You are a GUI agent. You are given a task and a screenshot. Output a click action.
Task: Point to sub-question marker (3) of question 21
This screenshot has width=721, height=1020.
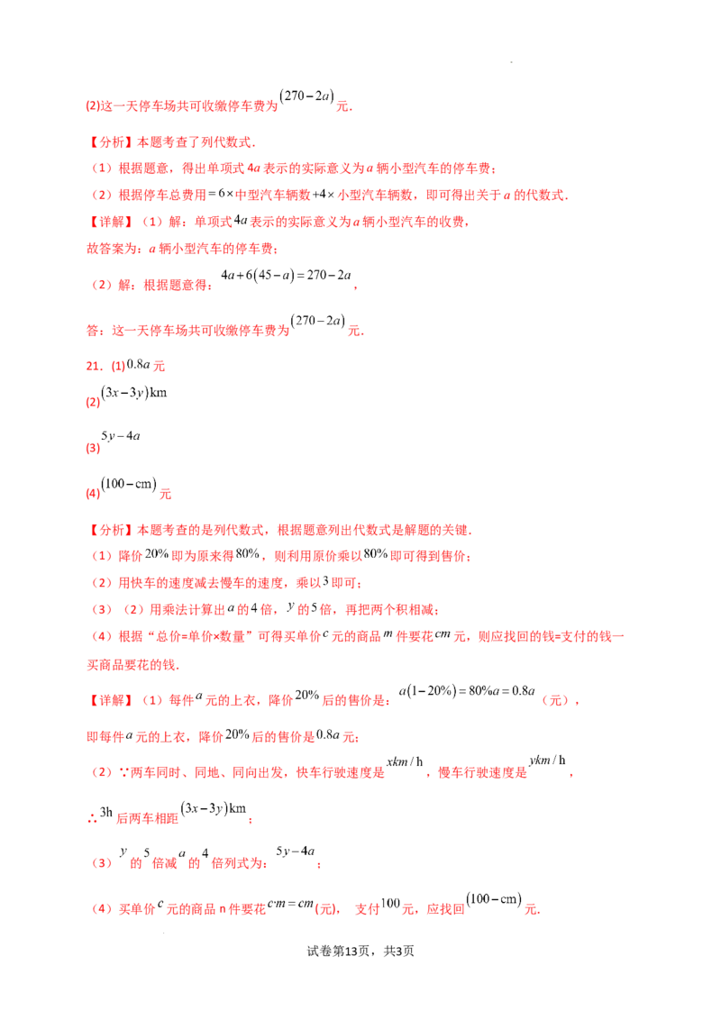(89, 445)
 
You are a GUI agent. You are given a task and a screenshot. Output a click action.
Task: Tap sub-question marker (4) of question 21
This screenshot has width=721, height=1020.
(89, 494)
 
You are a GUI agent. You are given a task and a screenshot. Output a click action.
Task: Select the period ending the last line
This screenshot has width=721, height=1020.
(537, 910)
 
